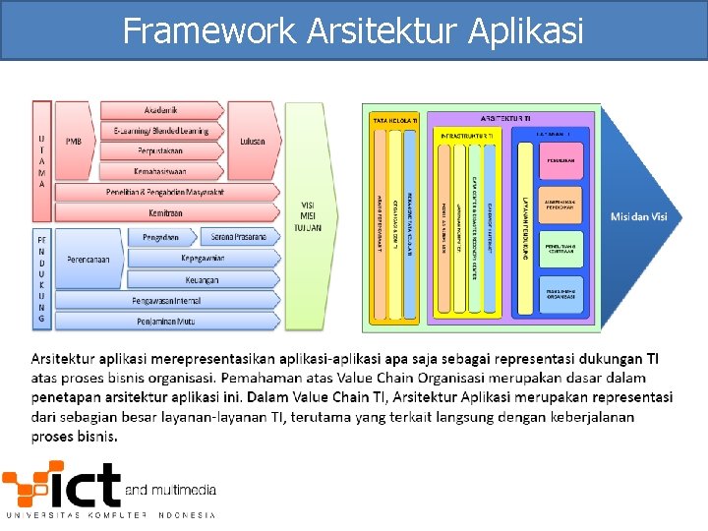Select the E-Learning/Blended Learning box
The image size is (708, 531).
[x=160, y=131]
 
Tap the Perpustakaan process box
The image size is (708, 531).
[x=160, y=151]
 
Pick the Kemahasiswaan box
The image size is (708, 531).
[x=160, y=171]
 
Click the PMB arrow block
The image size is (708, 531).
[x=75, y=142]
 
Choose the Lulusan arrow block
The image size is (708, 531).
[x=253, y=142]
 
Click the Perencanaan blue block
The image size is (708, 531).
[x=82, y=259]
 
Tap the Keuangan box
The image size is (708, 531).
[x=201, y=280]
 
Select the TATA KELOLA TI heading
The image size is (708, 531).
[x=394, y=120]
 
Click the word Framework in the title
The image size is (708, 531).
[x=208, y=31]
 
